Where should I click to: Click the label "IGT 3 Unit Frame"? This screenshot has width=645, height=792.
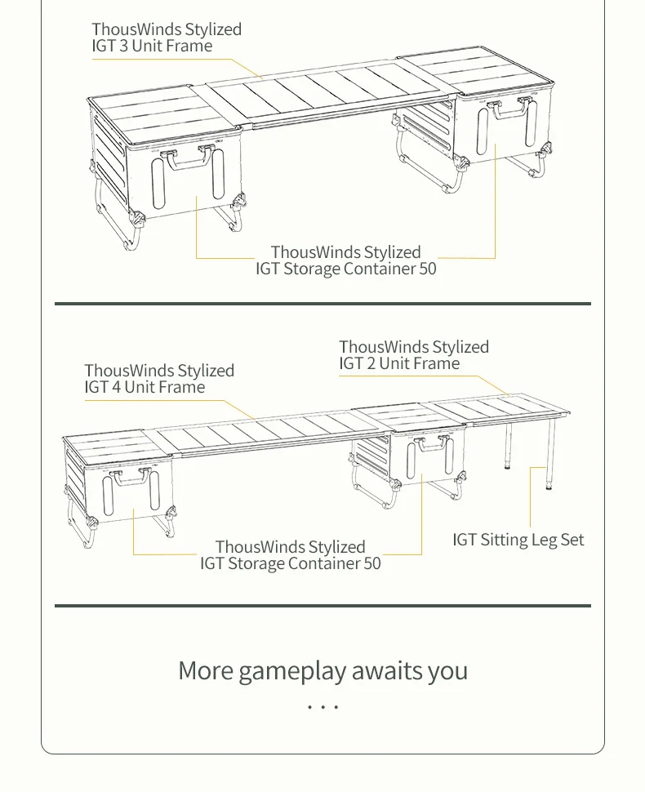152,47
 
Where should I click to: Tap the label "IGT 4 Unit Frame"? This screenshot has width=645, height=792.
145,387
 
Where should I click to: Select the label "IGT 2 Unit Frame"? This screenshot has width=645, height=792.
399,364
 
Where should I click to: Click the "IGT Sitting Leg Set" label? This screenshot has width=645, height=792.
518,540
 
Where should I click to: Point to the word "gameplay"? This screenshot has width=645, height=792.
291,671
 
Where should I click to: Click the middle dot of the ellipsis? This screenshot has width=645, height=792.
323,706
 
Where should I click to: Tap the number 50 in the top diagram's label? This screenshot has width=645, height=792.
428,269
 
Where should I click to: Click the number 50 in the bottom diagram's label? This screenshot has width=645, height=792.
371,563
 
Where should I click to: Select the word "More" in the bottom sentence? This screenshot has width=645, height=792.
205,671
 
